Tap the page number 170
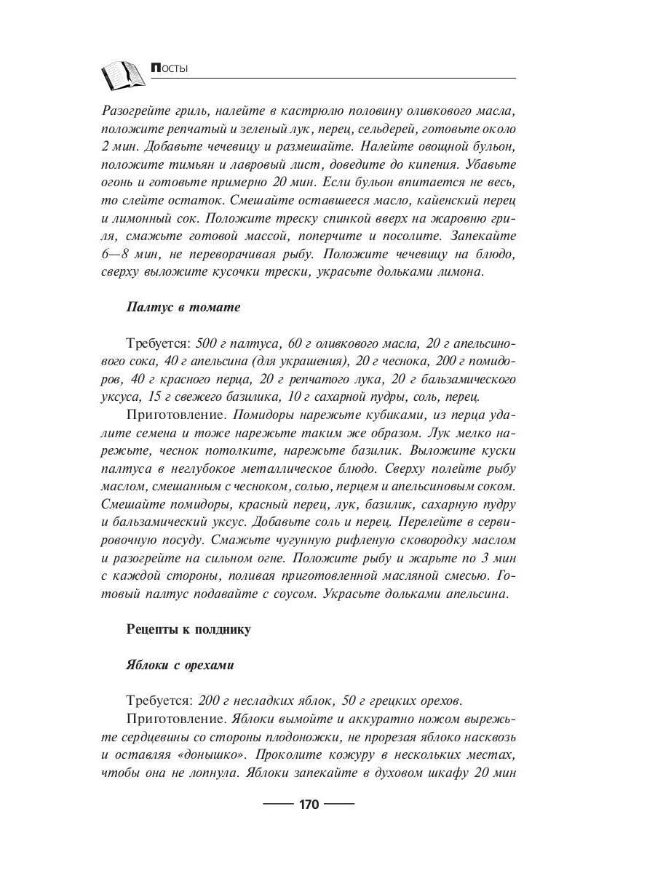[x=309, y=805]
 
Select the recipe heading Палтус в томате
[x=183, y=307]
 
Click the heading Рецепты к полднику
[x=188, y=629]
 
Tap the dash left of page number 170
[x=277, y=805]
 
